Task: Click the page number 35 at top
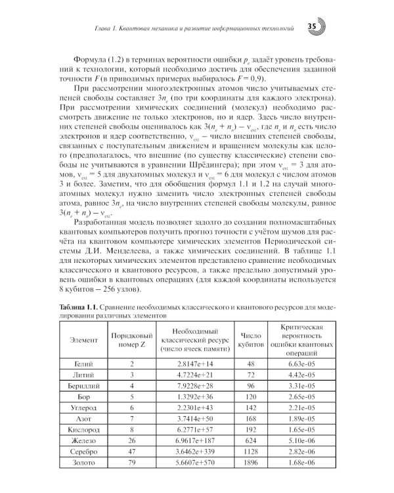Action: point(311,26)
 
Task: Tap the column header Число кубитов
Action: point(251,338)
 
